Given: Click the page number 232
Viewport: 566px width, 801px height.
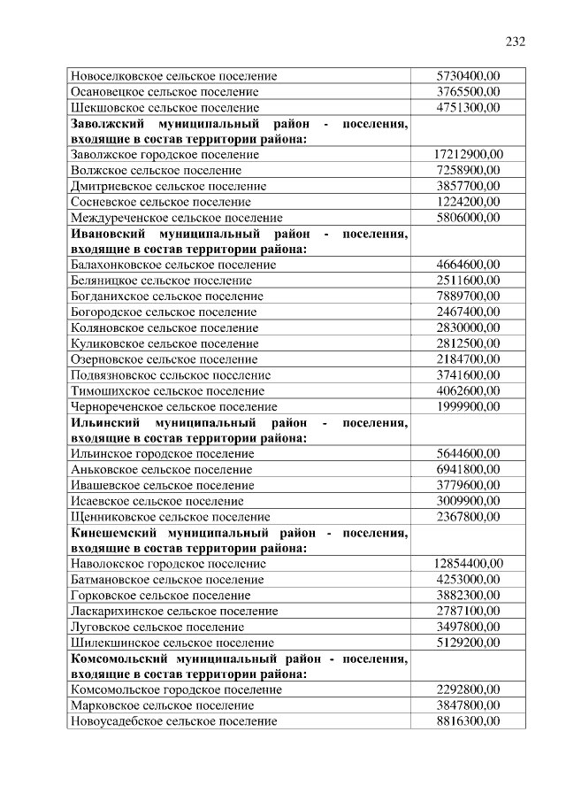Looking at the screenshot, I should (516, 42).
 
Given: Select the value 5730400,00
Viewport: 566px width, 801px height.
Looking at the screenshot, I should (468, 76).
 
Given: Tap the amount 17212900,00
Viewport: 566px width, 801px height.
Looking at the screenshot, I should (468, 155).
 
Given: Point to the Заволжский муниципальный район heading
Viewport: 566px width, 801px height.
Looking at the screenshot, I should (238, 131).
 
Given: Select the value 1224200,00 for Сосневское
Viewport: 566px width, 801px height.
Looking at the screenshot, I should (468, 202).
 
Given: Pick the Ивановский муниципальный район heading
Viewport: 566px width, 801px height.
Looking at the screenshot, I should (238, 241).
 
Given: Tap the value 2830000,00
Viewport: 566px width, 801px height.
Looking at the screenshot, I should (468, 327).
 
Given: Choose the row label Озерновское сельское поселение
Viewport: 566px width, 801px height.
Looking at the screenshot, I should (164, 359).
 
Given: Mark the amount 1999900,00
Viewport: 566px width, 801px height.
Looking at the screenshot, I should (468, 406).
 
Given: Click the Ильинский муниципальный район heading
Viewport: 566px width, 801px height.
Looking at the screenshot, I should (238, 430).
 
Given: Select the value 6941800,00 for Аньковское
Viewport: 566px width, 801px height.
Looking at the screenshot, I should (468, 469).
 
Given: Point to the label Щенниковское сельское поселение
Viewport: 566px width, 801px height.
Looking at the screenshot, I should (170, 517).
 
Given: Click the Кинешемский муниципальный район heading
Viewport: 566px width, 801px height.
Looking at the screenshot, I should (238, 540).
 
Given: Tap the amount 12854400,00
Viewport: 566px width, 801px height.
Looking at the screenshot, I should (468, 564).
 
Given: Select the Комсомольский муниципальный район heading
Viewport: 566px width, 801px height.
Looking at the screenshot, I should (238, 666).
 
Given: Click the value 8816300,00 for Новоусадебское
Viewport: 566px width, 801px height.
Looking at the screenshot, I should (468, 721).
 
